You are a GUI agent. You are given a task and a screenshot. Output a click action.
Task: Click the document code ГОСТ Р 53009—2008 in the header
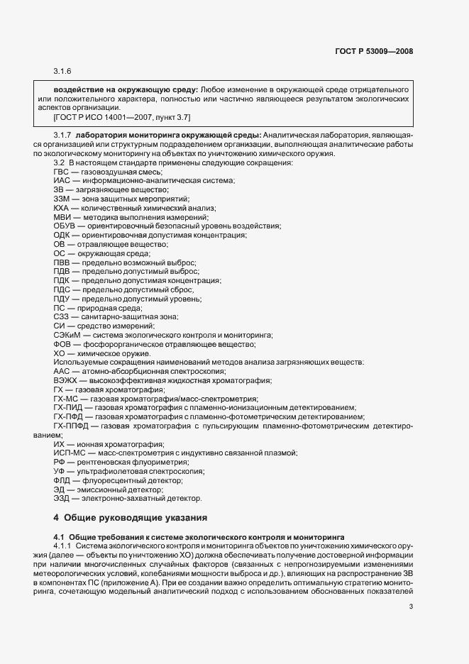(x=373, y=51)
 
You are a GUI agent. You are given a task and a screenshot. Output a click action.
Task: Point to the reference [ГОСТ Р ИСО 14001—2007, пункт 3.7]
(x=121, y=116)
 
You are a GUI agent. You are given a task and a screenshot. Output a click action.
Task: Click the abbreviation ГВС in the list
(x=62, y=172)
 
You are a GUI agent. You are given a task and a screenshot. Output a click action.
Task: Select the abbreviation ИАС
(x=62, y=182)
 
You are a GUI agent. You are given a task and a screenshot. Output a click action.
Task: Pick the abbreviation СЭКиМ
(x=67, y=335)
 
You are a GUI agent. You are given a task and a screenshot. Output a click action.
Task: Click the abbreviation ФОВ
(x=63, y=344)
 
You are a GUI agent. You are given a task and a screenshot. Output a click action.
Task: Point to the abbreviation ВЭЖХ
(x=65, y=380)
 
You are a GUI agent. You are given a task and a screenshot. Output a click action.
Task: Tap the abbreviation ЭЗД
(x=62, y=498)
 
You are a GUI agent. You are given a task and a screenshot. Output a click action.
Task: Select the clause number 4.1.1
(x=62, y=546)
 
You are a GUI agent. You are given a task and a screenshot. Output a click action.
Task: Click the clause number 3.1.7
(x=62, y=135)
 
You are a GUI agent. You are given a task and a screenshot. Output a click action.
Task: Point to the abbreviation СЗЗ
(x=62, y=316)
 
